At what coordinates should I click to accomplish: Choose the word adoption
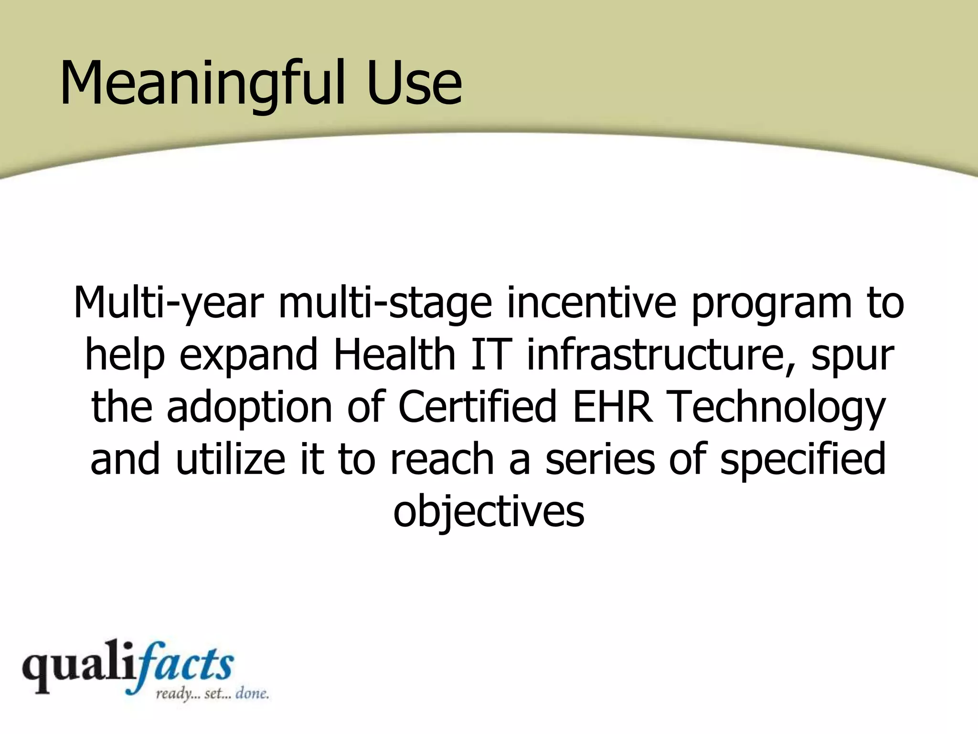tap(249, 408)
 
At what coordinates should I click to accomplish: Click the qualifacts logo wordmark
tap(128, 666)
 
